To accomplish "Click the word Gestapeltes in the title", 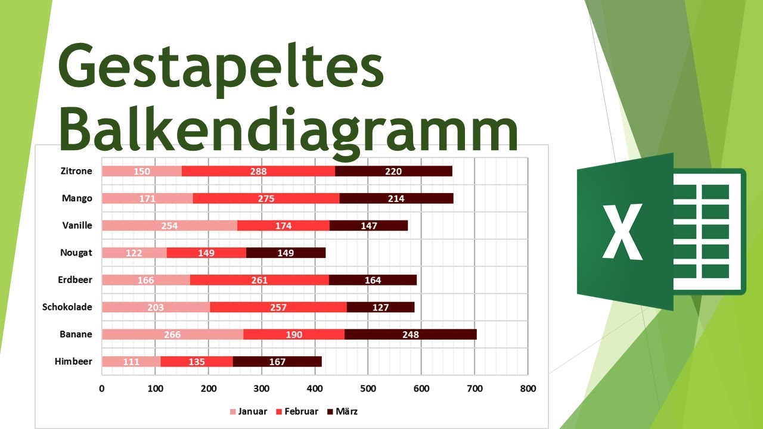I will pyautogui.click(x=221, y=66).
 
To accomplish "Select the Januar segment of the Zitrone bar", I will pyautogui.click(x=142, y=172).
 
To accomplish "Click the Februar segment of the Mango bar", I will pyautogui.click(x=266, y=198).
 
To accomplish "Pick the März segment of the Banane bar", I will pyautogui.click(x=410, y=334).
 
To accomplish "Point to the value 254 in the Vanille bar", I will pyautogui.click(x=169, y=226).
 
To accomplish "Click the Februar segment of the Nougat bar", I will pyautogui.click(x=206, y=253).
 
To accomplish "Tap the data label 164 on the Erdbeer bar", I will pyautogui.click(x=373, y=280).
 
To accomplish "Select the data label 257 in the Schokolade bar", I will pyautogui.click(x=278, y=307).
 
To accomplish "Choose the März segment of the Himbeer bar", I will pyautogui.click(x=277, y=362).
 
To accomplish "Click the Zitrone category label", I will pyautogui.click(x=77, y=171).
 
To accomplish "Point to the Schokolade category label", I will pyautogui.click(x=67, y=307).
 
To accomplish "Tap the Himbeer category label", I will pyautogui.click(x=73, y=361).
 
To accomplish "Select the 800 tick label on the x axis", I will pyautogui.click(x=528, y=388).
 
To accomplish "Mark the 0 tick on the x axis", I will pyautogui.click(x=102, y=388).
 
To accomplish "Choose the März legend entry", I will pyautogui.click(x=346, y=411).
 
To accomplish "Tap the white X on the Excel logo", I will pyautogui.click(x=622, y=232).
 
